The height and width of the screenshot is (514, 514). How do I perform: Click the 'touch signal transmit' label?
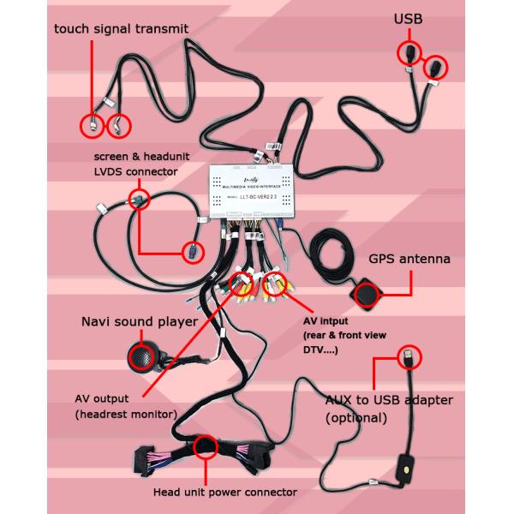click(x=122, y=29)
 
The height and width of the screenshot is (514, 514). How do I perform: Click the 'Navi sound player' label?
click(x=139, y=322)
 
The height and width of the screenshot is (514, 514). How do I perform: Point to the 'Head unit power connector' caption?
click(x=224, y=492)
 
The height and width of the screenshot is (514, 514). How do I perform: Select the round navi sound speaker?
click(x=140, y=355)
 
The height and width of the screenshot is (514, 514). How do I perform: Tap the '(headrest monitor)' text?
click(x=126, y=415)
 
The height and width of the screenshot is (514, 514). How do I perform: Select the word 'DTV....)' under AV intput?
click(x=321, y=350)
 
